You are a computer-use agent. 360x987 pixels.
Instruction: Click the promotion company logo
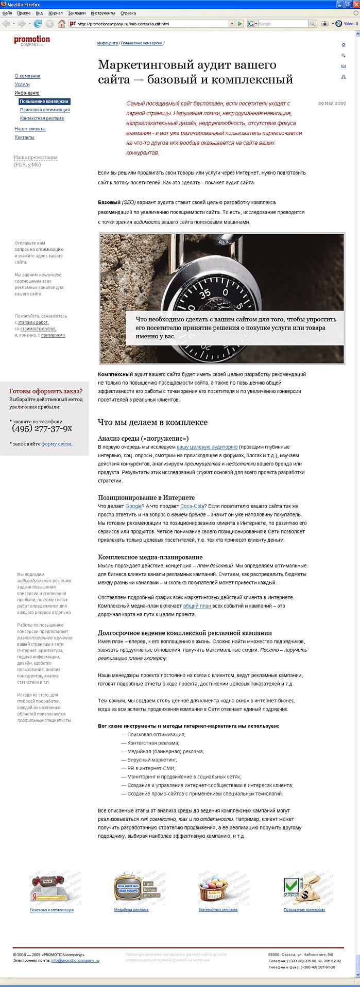tap(31, 41)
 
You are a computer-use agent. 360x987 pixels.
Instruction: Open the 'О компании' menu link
tap(27, 76)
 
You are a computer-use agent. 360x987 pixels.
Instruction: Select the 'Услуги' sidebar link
tap(22, 84)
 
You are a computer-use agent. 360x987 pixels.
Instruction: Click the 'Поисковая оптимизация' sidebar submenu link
tap(45, 110)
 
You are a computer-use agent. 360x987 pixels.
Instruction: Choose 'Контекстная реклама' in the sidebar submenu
tap(42, 118)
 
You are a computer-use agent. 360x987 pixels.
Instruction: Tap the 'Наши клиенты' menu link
tap(30, 129)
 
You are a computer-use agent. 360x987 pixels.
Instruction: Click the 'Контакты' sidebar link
tap(24, 137)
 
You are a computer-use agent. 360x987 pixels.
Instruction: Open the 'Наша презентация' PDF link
tap(36, 158)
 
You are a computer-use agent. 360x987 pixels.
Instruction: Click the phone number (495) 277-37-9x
tap(42, 428)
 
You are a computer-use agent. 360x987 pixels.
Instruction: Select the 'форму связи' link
tap(57, 444)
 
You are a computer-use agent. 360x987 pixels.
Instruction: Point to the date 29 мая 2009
tap(332, 103)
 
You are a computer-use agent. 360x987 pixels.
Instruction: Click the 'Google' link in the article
tap(133, 506)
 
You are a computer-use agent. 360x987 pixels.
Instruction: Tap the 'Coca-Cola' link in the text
tap(192, 506)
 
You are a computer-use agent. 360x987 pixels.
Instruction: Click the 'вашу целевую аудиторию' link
tap(207, 447)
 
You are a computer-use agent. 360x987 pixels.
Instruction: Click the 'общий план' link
tap(197, 606)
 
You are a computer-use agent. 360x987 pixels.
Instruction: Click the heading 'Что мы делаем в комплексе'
tap(152, 422)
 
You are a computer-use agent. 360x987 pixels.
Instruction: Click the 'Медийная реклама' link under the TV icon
tap(131, 910)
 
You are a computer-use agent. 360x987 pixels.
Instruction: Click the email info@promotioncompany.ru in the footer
tap(75, 961)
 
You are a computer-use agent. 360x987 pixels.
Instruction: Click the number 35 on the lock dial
tap(205, 295)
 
